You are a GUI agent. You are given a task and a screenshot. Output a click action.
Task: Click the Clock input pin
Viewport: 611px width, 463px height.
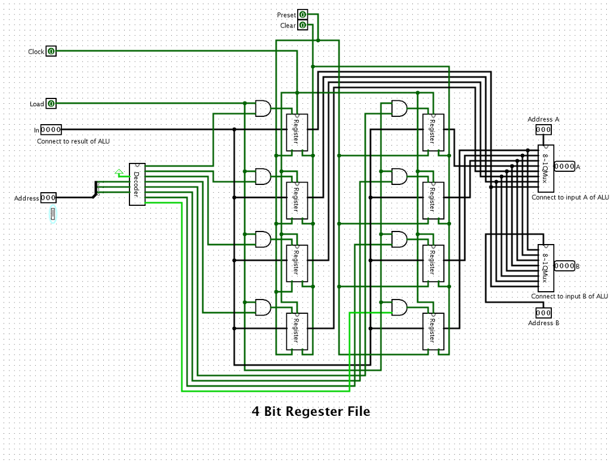tap(51, 52)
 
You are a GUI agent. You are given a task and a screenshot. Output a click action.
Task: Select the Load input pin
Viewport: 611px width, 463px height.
tap(51, 104)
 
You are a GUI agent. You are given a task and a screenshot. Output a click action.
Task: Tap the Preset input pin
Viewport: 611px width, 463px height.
tap(303, 14)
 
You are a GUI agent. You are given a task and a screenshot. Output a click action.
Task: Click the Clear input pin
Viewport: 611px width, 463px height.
tap(303, 26)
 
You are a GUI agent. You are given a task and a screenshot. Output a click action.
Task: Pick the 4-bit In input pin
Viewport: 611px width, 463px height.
tap(51, 129)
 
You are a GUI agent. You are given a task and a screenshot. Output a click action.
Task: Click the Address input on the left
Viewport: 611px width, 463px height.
tap(48, 198)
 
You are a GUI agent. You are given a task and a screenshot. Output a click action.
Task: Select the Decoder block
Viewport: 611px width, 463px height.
tap(137, 184)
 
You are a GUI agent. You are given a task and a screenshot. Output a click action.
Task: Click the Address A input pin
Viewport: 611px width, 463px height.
tap(543, 129)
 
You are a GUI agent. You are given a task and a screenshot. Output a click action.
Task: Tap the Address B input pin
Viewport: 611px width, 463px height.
tap(543, 313)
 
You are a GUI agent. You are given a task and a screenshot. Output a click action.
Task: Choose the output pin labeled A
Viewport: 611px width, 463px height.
tap(564, 166)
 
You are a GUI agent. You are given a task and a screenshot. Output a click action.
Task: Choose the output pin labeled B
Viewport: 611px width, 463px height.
tap(564, 266)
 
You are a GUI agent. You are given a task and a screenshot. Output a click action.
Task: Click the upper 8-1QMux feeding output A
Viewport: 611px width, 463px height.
tap(545, 168)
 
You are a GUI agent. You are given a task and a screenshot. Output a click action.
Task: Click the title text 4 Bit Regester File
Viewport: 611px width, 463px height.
tap(311, 412)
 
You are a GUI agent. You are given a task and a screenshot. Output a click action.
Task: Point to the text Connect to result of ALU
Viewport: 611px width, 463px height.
tap(73, 141)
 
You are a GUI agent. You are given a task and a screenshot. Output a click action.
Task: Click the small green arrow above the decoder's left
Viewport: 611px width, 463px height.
tap(119, 172)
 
